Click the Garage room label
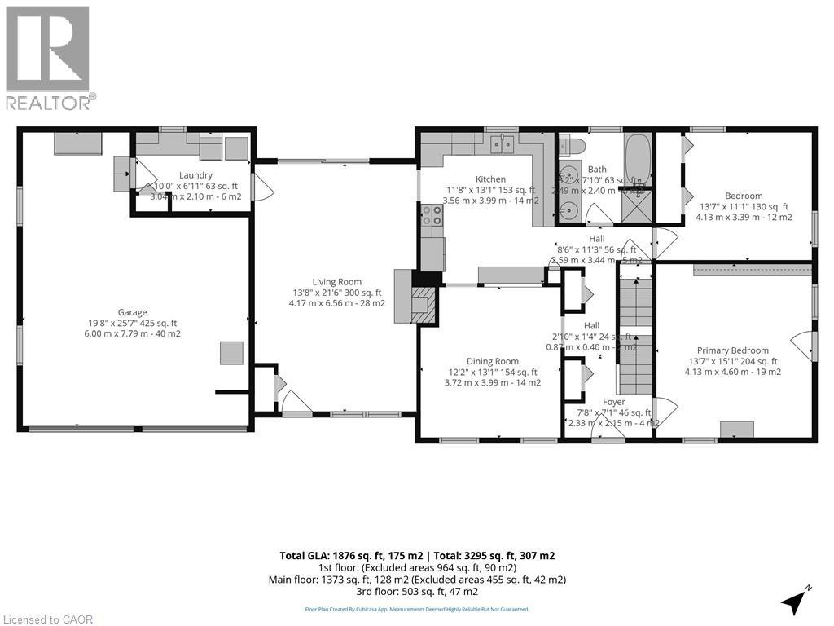click(132, 312)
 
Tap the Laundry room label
click(195, 175)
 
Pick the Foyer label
click(613, 402)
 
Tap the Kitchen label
click(490, 179)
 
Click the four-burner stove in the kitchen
click(431, 215)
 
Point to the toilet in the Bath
click(571, 146)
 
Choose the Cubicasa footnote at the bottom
click(416, 609)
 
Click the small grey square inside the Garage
click(230, 353)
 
